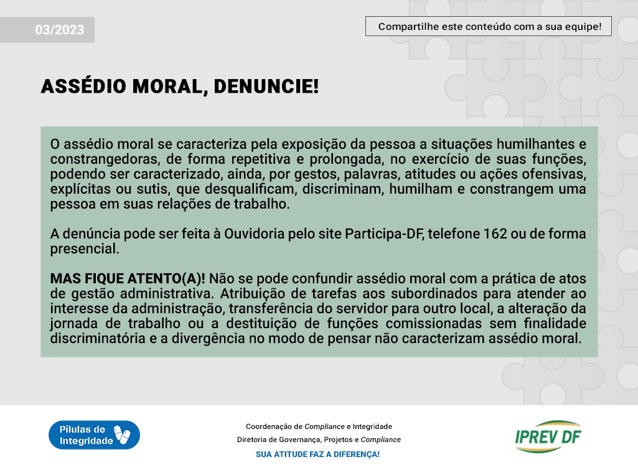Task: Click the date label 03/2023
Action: click(60, 30)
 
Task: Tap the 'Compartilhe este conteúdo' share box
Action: click(488, 27)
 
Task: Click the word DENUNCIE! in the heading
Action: click(266, 87)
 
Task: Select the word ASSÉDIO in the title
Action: click(83, 87)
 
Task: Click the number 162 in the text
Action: click(495, 233)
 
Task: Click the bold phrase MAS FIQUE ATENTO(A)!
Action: click(128, 278)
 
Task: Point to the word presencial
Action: click(85, 249)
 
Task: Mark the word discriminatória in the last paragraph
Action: click(98, 338)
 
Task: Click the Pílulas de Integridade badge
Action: click(95, 435)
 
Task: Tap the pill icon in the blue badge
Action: click(121, 435)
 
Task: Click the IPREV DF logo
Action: click(548, 436)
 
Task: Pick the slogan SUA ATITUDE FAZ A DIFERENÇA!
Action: click(318, 455)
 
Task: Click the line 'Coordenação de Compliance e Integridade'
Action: click(319, 427)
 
